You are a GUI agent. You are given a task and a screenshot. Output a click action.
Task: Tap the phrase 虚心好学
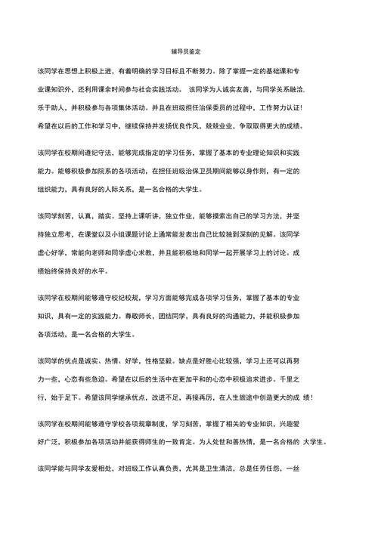click(50, 253)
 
